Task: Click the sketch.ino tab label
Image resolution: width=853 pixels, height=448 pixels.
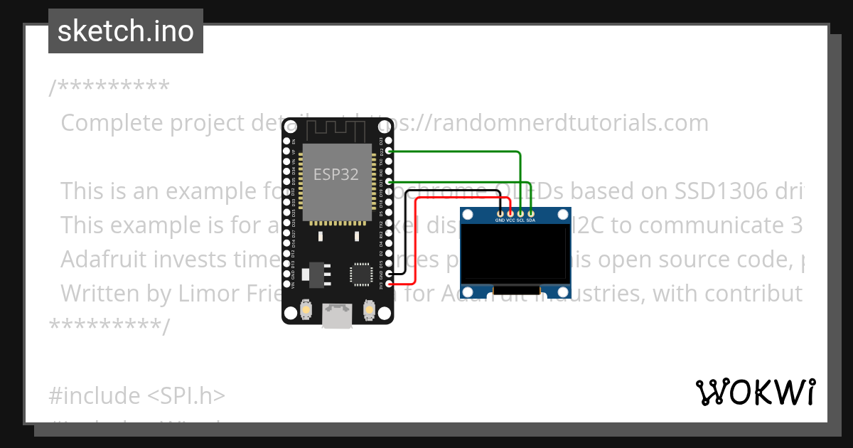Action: [x=125, y=31]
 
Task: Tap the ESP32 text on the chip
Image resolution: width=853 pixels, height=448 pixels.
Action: [x=336, y=174]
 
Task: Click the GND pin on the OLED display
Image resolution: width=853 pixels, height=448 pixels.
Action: [x=501, y=213]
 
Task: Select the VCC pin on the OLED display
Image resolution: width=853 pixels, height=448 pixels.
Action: [x=510, y=213]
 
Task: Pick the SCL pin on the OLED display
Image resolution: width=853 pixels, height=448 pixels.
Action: [x=521, y=213]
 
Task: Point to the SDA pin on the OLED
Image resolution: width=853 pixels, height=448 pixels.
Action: [x=531, y=213]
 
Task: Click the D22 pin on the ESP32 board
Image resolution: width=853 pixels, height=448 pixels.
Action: [x=388, y=151]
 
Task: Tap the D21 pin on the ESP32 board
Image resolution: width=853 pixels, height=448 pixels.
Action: [x=388, y=182]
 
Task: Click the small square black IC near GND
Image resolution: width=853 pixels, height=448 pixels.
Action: [x=360, y=274]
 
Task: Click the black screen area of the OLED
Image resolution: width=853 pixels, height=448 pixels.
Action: [x=515, y=254]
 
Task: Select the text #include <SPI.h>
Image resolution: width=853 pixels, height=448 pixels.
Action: [x=137, y=395]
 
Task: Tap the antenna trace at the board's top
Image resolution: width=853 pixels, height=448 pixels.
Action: [x=336, y=130]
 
